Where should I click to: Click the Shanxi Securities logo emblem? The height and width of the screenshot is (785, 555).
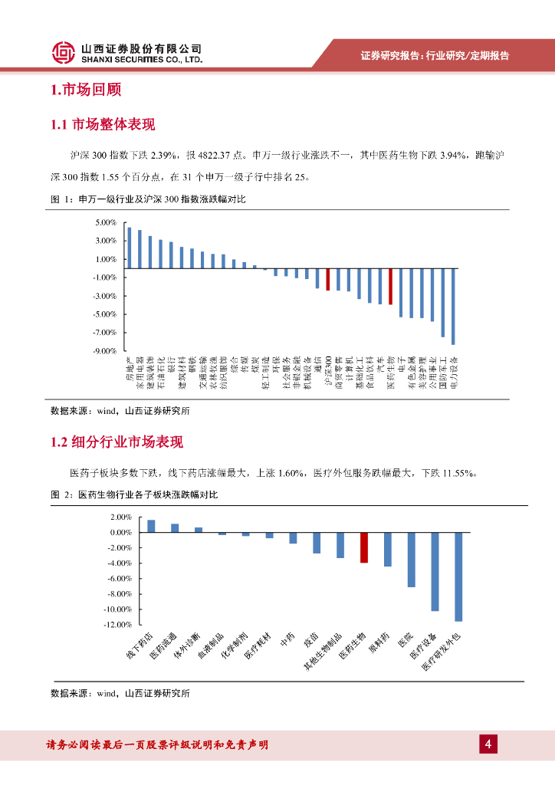tap(64, 51)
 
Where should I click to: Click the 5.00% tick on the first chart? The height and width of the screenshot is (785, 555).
tap(105, 222)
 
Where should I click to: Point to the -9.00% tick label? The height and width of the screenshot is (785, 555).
tap(104, 351)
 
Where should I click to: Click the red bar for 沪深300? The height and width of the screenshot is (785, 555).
tap(327, 279)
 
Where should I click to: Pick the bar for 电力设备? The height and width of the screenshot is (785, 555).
tap(453, 306)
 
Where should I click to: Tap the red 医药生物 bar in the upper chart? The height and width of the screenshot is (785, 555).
tap(390, 286)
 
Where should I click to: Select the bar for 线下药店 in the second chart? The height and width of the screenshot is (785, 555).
tap(151, 526)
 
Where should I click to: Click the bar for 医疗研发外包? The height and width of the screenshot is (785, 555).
tap(458, 576)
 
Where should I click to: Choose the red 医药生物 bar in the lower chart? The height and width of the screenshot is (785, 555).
tap(364, 547)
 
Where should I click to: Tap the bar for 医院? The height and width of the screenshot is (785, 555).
tap(411, 560)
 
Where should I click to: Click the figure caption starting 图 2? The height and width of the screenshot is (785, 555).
tap(134, 495)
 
